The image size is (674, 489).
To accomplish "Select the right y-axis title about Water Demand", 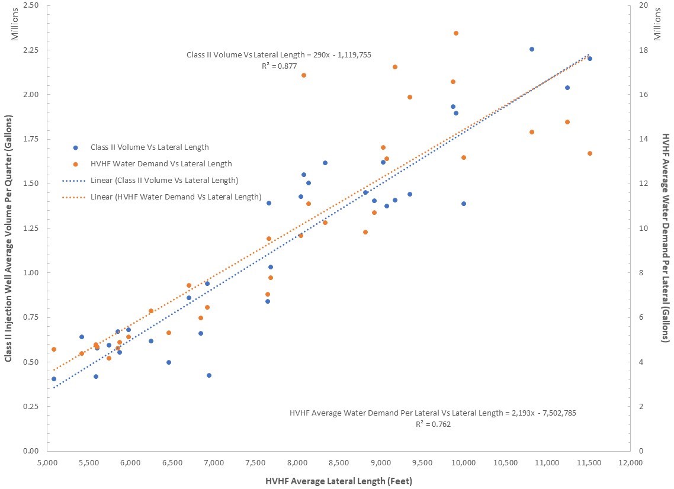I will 665,237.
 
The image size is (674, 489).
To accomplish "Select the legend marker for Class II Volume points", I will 75,147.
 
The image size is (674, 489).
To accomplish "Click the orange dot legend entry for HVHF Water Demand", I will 75,164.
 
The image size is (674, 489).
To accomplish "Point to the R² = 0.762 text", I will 434,424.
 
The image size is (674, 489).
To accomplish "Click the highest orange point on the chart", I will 456,33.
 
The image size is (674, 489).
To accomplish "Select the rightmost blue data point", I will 590,59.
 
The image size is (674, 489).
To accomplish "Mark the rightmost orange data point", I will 590,153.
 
